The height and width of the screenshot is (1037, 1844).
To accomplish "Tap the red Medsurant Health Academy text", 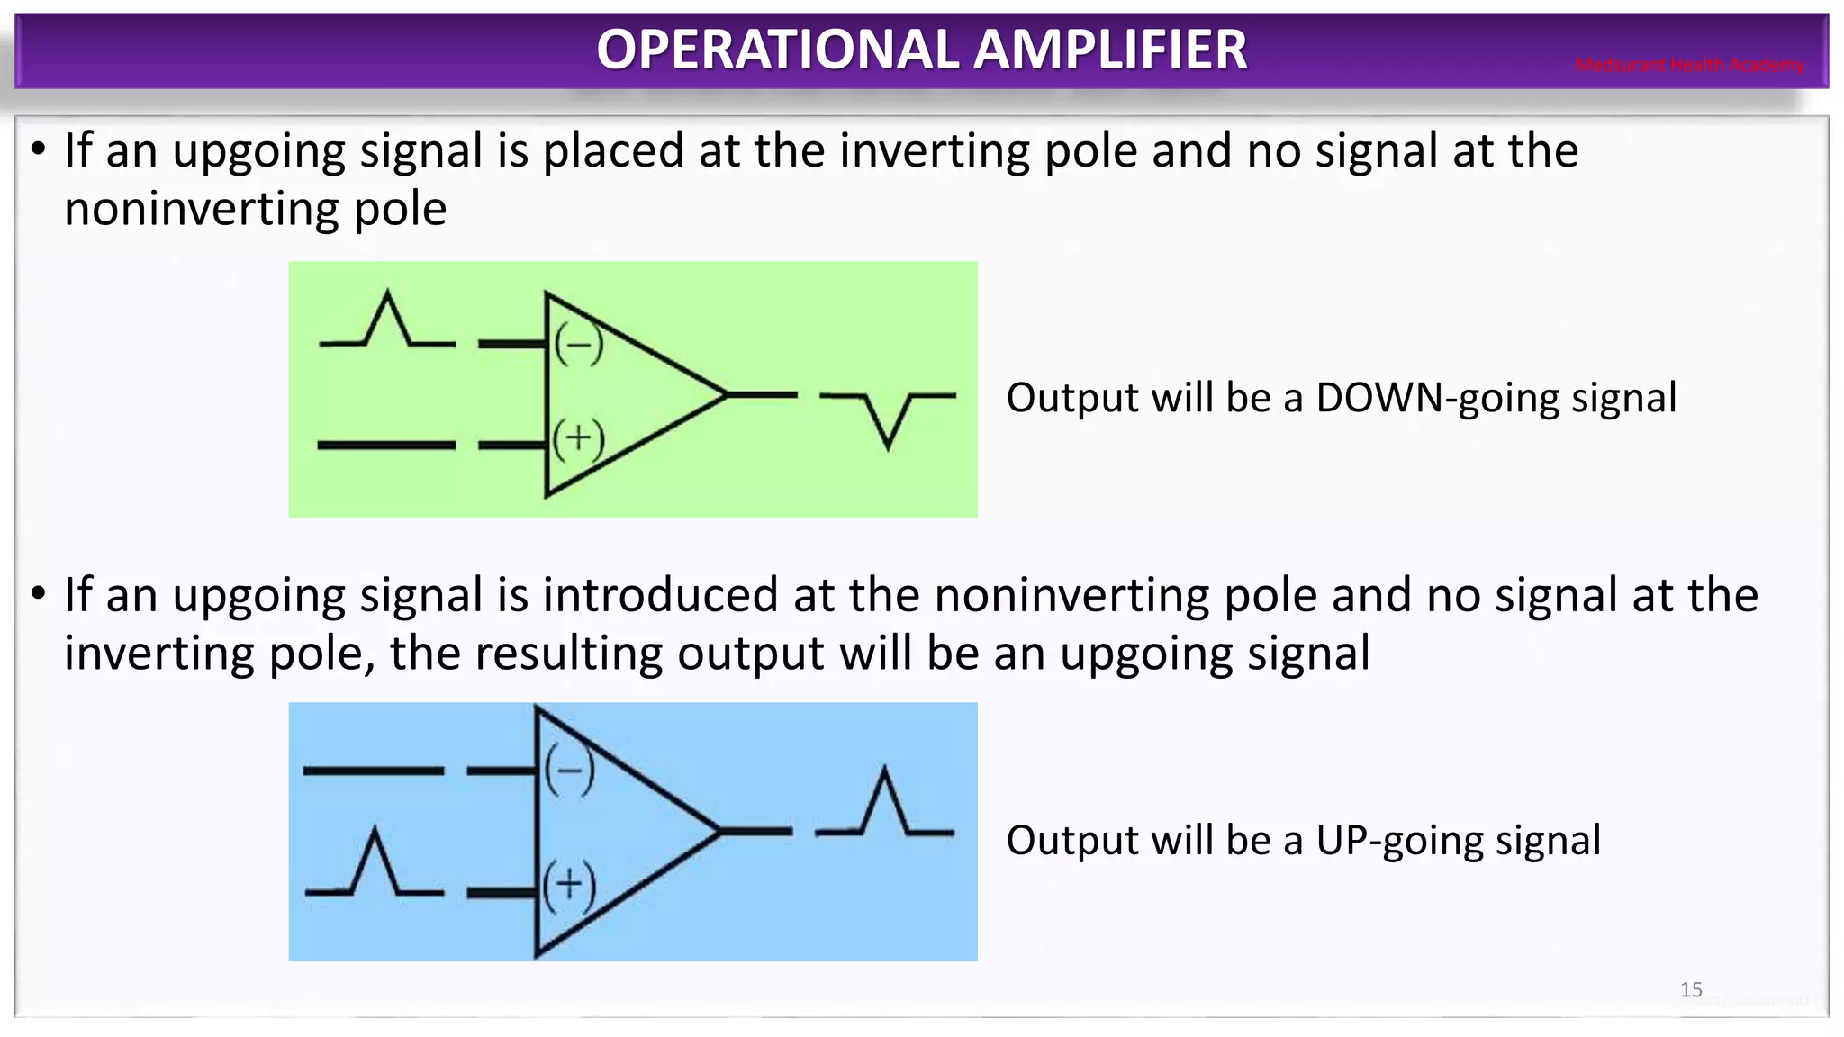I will (x=1689, y=65).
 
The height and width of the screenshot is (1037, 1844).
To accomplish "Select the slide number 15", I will (x=1691, y=990).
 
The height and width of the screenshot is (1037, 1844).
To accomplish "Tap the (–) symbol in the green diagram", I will (x=578, y=345).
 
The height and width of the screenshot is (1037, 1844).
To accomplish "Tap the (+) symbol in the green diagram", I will (x=578, y=439).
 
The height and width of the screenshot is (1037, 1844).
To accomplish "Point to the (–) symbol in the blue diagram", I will (x=569, y=771).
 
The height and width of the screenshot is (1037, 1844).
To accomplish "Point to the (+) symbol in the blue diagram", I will (x=569, y=886).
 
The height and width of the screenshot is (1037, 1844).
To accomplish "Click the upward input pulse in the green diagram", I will (x=387, y=320).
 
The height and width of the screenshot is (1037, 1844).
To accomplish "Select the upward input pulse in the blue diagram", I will (x=375, y=864).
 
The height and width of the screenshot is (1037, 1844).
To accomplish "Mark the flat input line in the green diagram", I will (x=386, y=445).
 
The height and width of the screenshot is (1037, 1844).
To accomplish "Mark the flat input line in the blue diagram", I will (x=373, y=771).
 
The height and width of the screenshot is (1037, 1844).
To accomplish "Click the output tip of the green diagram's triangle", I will (x=724, y=394).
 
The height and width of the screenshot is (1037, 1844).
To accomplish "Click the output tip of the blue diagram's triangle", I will (x=718, y=832).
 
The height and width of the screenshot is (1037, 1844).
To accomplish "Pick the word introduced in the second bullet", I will (x=662, y=596).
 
